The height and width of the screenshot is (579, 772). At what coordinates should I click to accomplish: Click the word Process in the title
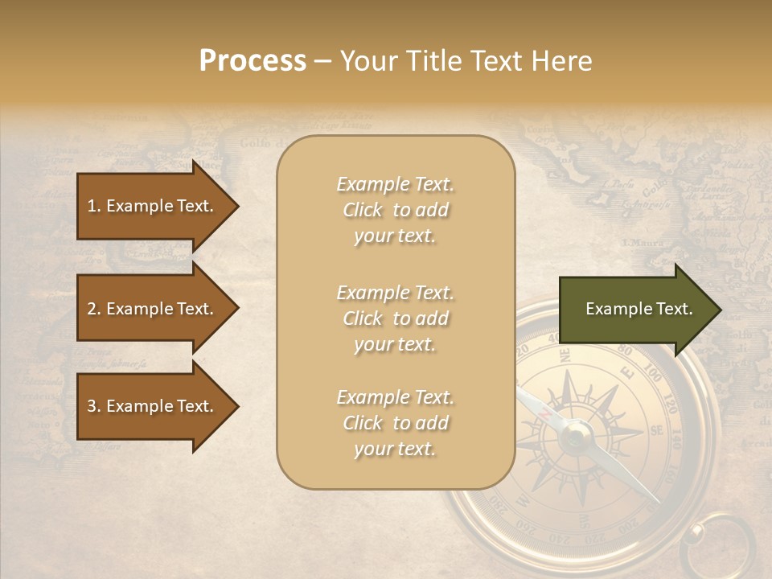(x=253, y=61)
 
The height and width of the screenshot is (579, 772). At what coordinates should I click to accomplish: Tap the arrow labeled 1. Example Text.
(x=153, y=206)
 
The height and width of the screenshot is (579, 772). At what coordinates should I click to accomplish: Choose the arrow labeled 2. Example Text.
(x=153, y=309)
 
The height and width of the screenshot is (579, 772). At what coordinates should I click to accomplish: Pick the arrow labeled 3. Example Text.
(x=153, y=406)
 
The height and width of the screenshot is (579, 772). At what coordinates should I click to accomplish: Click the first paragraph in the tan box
(x=395, y=210)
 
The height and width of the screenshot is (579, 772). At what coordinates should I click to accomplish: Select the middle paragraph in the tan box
(x=395, y=318)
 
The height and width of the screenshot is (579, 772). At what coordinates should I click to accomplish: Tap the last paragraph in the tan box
(x=395, y=423)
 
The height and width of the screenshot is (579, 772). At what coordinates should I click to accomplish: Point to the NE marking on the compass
(x=565, y=354)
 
